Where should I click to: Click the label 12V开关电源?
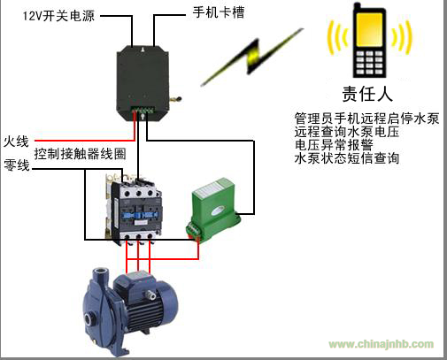(x=58, y=15)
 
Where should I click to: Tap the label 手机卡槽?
(x=219, y=12)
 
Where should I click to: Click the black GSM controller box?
(x=143, y=83)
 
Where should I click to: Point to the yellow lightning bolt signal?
(x=252, y=57)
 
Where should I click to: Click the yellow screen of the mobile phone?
(x=369, y=29)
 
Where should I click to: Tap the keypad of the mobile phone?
(x=369, y=63)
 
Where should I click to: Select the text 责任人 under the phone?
(x=367, y=94)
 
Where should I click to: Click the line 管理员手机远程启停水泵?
(x=366, y=119)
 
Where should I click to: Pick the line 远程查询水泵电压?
(x=347, y=132)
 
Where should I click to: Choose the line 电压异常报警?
(x=334, y=145)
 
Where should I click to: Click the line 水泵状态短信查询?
(x=347, y=158)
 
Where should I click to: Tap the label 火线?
(x=16, y=142)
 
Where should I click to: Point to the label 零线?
(x=17, y=165)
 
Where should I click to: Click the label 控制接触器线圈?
(x=80, y=154)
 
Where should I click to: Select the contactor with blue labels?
(x=134, y=210)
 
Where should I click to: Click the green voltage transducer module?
(x=214, y=210)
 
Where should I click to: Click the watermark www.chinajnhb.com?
(x=381, y=344)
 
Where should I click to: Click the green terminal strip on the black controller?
(x=143, y=110)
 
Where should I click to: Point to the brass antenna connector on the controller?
(x=175, y=99)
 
